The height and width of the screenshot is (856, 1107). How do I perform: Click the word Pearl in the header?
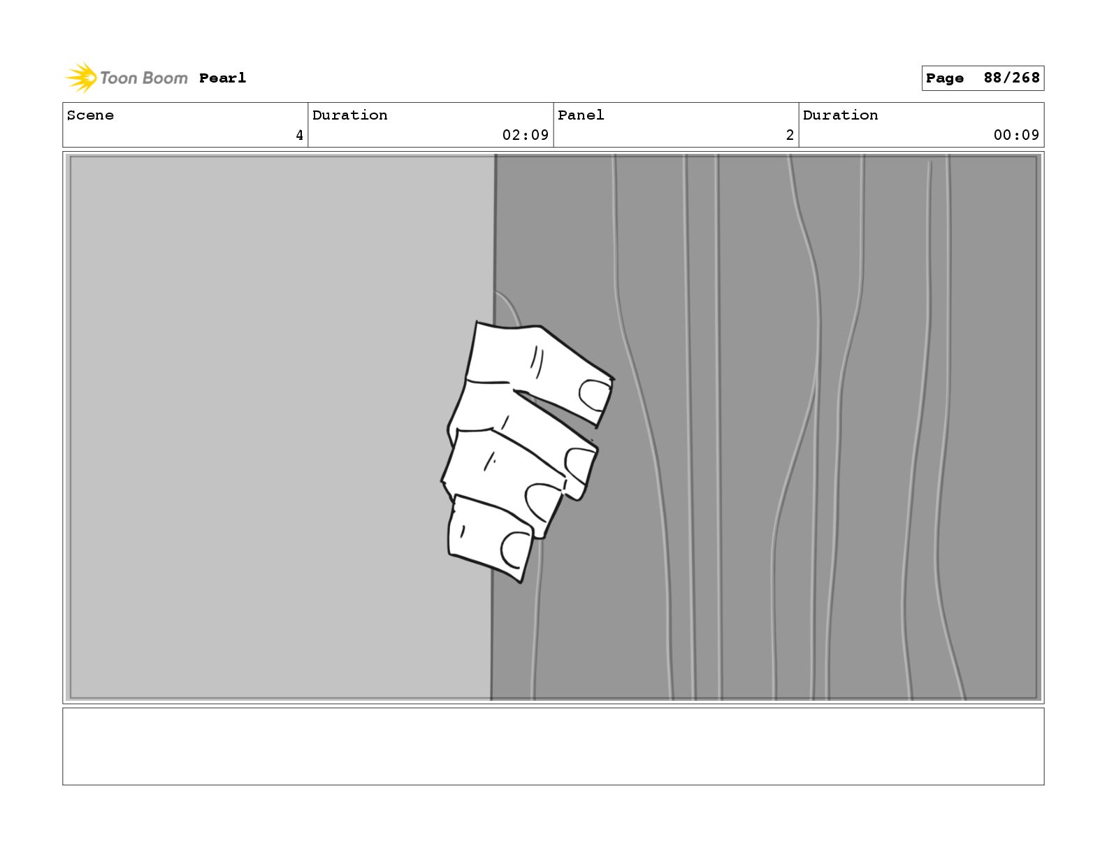point(222,78)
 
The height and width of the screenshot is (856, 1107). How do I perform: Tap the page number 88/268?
point(1011,78)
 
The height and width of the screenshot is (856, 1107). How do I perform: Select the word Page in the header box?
point(944,78)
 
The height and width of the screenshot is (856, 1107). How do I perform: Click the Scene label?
point(90,115)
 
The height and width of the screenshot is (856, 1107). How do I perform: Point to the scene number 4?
point(300,135)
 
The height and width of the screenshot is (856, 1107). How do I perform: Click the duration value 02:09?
point(526,135)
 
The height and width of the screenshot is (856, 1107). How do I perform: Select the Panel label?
point(581,115)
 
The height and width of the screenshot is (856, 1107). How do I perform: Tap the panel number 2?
point(790,135)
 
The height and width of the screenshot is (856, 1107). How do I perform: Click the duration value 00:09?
point(1016,135)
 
